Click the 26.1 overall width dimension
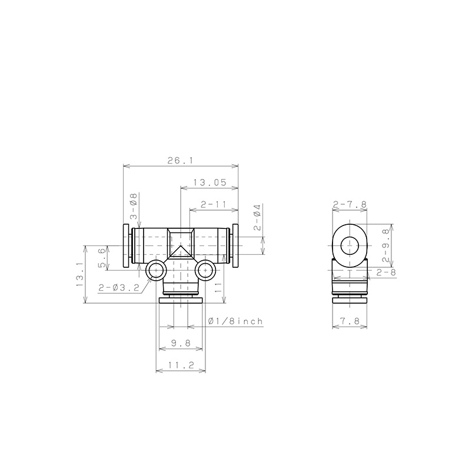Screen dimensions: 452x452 [x=180, y=160]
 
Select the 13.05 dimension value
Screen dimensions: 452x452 [x=210, y=182]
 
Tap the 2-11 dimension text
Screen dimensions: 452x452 [x=214, y=205]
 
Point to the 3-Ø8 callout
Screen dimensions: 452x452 [x=134, y=206]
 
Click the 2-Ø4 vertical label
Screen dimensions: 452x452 [x=257, y=217]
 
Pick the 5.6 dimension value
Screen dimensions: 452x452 [x=102, y=258]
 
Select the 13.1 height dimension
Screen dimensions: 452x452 [x=80, y=274]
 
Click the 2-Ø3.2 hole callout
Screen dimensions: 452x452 [x=119, y=287]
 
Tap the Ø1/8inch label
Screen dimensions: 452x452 [x=235, y=321]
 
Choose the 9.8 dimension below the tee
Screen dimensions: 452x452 [x=181, y=343]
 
